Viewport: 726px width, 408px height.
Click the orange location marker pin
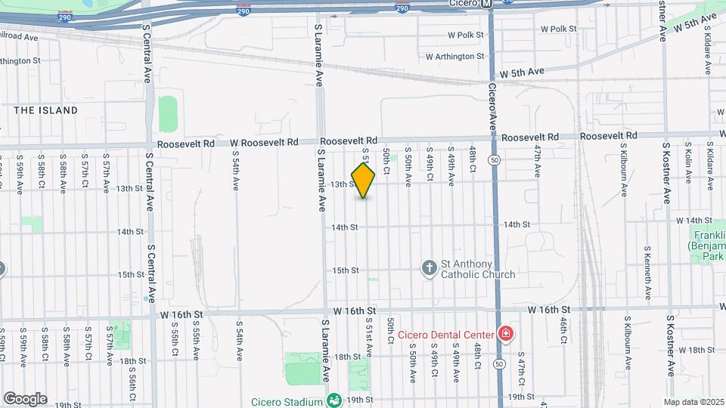point(363,181)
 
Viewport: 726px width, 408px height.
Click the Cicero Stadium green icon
point(334,399)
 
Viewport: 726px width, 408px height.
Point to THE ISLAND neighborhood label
point(46,110)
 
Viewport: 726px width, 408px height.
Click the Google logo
point(25,398)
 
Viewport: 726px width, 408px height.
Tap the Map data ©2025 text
point(693,402)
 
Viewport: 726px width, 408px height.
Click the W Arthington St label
point(455,57)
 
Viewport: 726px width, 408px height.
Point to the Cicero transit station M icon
point(488,3)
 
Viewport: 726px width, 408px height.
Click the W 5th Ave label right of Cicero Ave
point(522,72)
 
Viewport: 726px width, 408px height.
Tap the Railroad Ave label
point(18,36)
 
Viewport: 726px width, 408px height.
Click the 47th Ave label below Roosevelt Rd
point(537,162)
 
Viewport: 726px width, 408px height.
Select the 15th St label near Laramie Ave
point(345,270)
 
